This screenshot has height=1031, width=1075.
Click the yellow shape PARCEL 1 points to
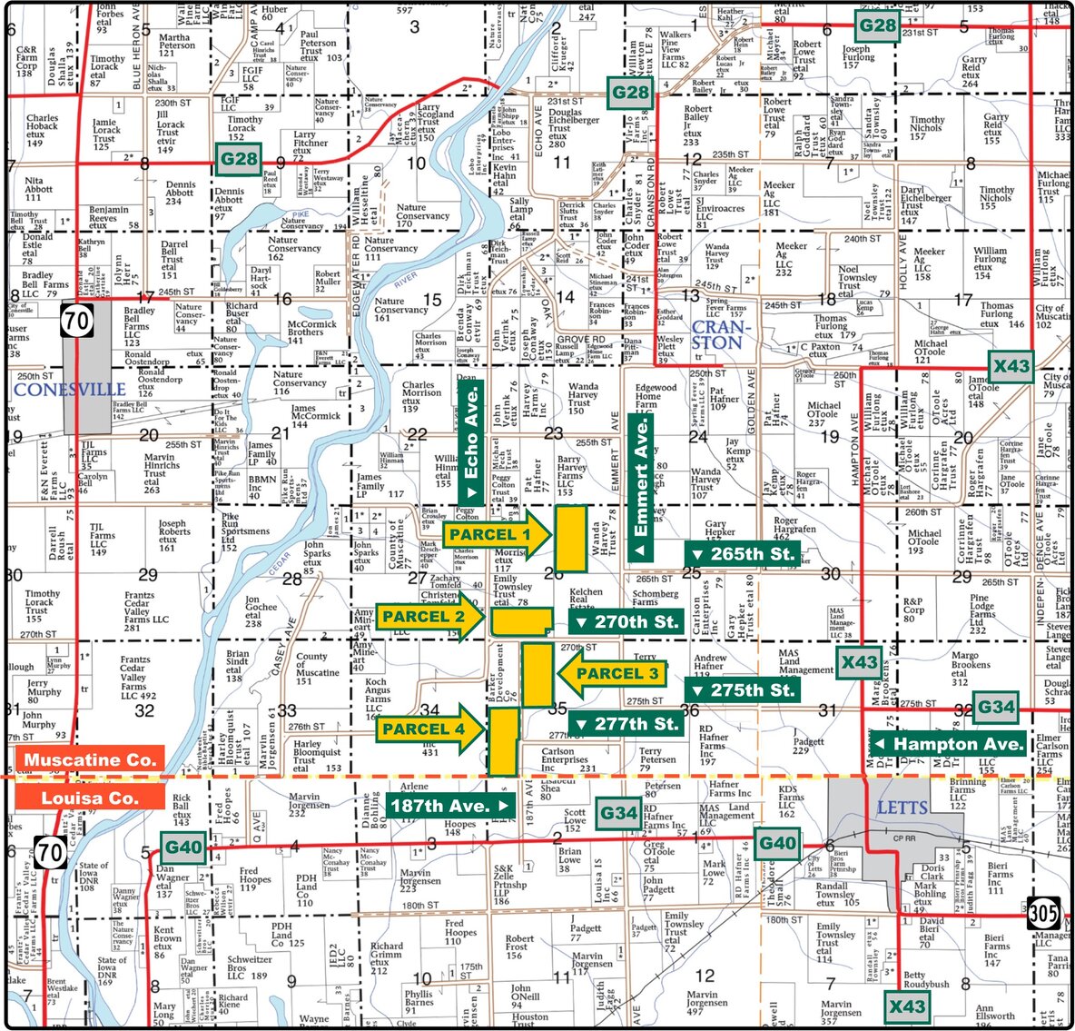point(570,538)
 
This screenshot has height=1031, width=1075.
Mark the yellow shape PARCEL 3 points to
point(537,674)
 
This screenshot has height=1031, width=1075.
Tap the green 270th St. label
point(626,622)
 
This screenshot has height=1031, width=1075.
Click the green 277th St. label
point(626,724)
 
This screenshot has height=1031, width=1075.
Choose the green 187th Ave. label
point(450,806)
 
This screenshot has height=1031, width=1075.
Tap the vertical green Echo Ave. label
point(470,441)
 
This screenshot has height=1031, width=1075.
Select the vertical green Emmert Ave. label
point(641,487)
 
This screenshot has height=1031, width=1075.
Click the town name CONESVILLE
point(70,390)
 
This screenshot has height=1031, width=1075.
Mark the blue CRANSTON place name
point(717,334)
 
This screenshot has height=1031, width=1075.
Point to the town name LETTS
point(902,807)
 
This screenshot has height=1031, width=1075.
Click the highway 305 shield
point(1043,913)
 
